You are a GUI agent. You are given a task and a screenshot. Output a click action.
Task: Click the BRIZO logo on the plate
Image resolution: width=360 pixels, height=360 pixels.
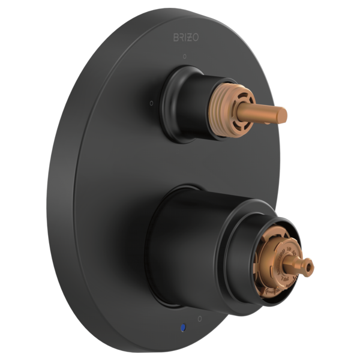click(186, 37)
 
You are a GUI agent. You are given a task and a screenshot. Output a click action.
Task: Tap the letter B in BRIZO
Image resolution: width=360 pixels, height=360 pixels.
click(176, 37)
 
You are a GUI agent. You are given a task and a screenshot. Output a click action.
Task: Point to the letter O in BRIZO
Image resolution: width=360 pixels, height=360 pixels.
click(196, 37)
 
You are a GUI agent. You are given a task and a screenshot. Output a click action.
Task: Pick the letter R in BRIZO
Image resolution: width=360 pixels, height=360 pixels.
click(182, 37)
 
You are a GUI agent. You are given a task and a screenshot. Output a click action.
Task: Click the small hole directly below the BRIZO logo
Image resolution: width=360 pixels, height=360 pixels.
click(185, 56)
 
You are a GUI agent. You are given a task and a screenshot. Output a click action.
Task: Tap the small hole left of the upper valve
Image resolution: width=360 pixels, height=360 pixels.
click(151, 103)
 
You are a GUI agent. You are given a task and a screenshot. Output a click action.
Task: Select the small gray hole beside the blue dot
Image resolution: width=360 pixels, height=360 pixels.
click(200, 319)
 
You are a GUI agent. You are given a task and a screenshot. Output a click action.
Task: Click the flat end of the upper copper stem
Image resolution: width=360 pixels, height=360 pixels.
click(284, 112)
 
